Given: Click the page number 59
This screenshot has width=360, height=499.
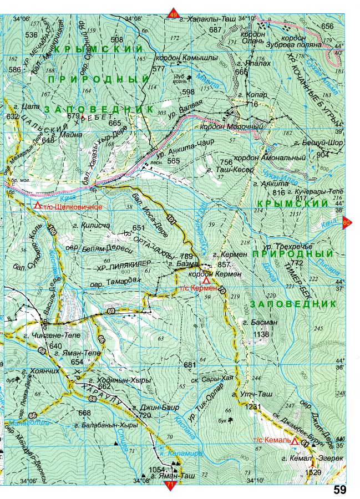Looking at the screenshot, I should [x=340, y=490].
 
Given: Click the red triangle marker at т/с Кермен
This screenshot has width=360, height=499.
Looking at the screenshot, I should [x=206, y=282].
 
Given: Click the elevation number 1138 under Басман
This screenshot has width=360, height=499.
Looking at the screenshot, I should [x=261, y=334].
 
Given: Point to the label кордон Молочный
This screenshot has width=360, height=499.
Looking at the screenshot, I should [x=240, y=126].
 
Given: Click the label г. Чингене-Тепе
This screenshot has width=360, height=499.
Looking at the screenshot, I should [x=52, y=335].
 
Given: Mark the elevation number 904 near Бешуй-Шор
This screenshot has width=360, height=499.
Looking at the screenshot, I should [x=323, y=155].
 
